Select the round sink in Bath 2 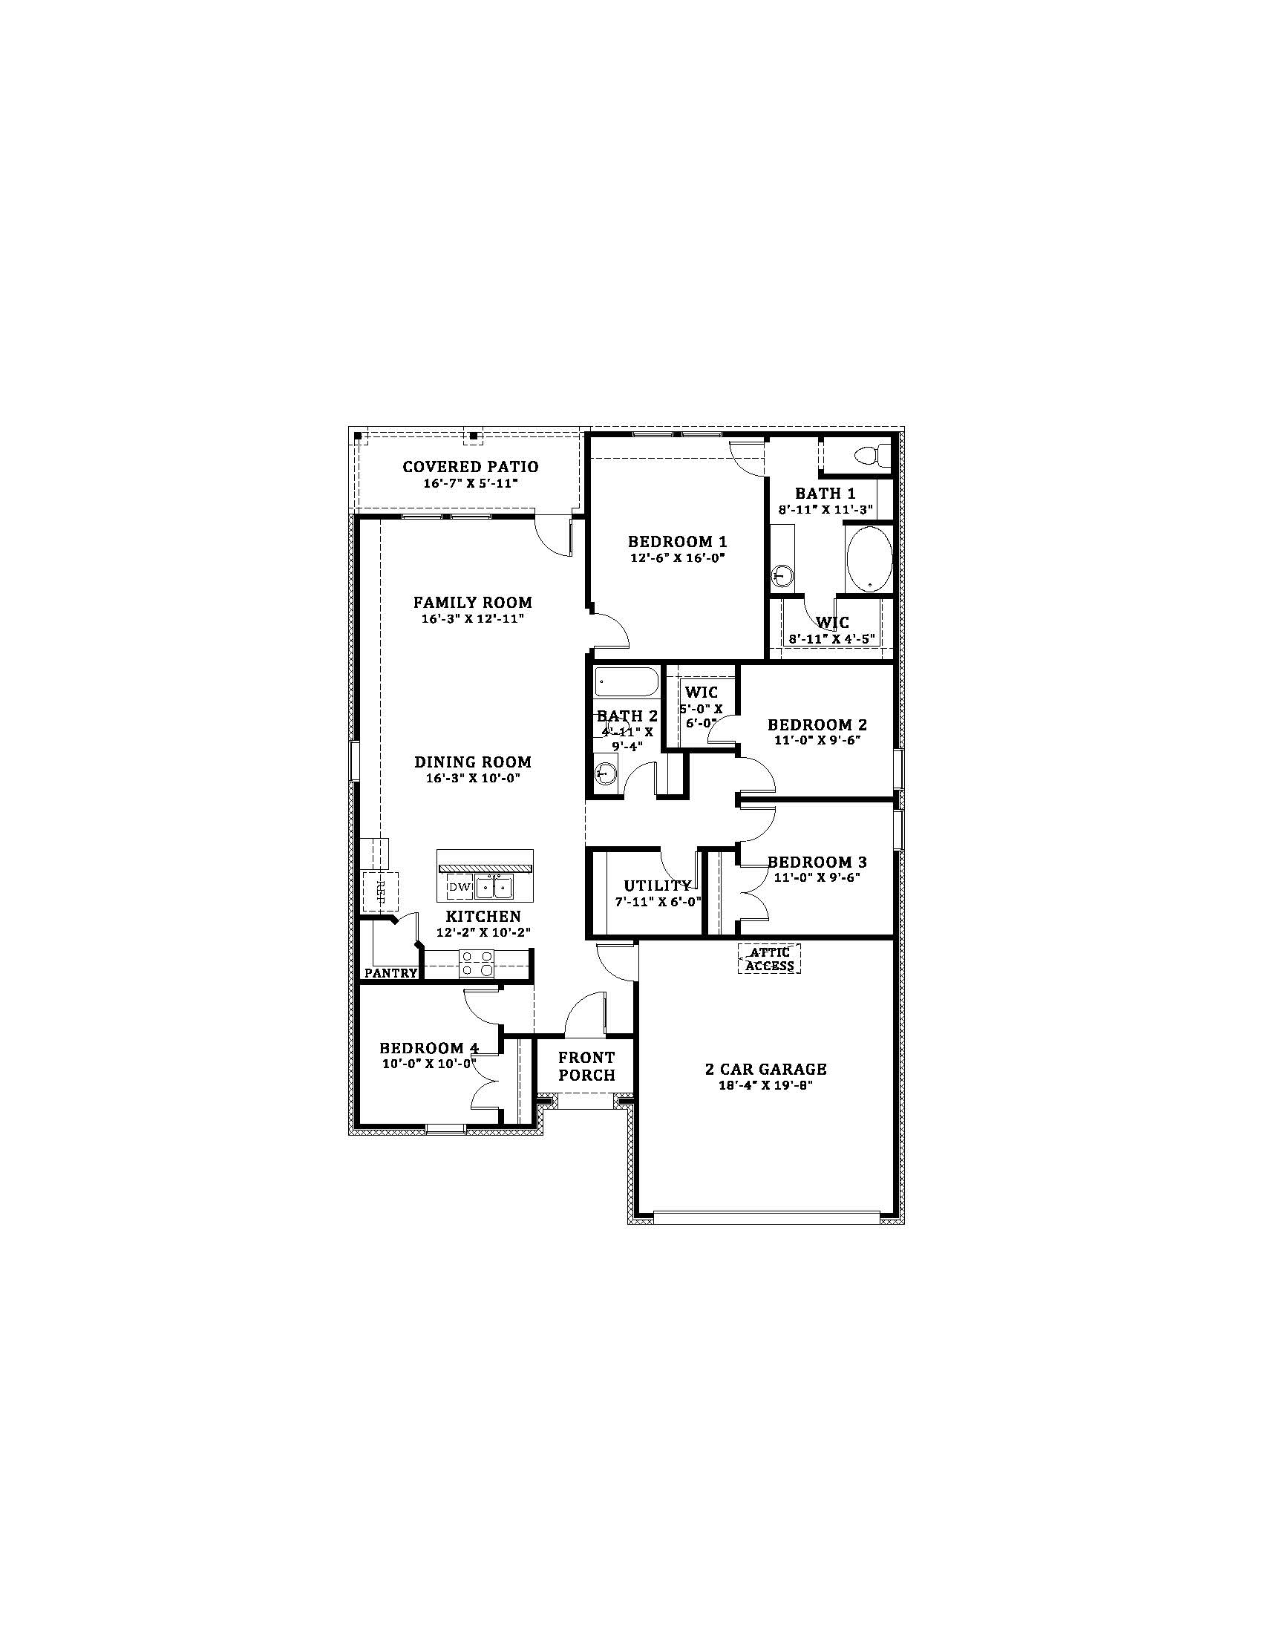(x=606, y=773)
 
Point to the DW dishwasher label (x=460, y=889)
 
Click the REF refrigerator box (x=380, y=890)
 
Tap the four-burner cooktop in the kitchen (x=477, y=963)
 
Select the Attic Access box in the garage (x=770, y=958)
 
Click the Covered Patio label (x=470, y=467)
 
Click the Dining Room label (x=474, y=762)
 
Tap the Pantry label (x=391, y=973)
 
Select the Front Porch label (x=587, y=1066)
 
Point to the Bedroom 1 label (x=677, y=541)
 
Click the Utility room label (x=658, y=886)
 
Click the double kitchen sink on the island (x=493, y=888)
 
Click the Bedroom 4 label (x=428, y=1048)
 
